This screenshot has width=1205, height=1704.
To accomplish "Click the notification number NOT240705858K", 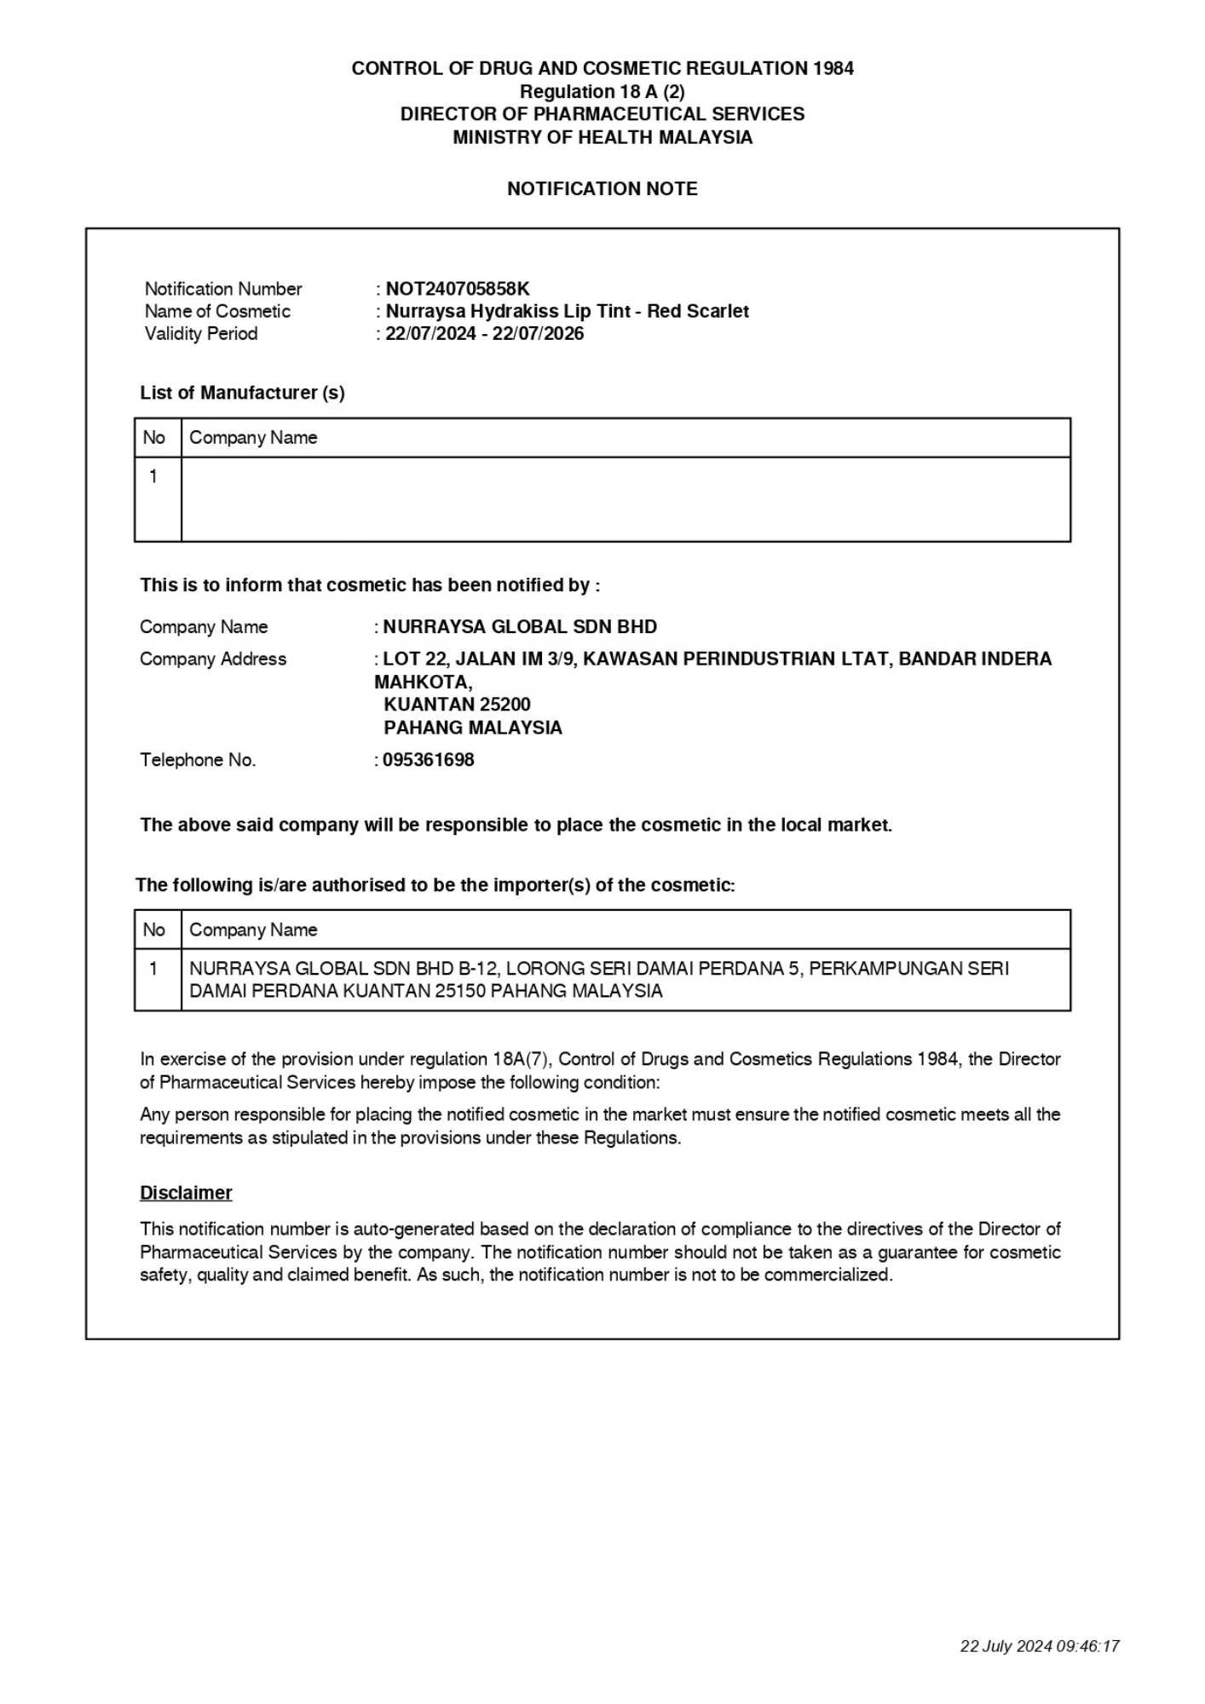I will pos(458,289).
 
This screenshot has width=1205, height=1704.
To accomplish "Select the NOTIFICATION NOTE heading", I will pos(602,189).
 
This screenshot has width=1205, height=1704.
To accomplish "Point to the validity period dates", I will pos(484,333).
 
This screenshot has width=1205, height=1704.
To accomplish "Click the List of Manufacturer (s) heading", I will pos(242,393).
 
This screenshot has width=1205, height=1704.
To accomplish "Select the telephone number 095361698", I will pos(428,760).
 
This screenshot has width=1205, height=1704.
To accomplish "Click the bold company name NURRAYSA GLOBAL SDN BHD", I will pos(520,627).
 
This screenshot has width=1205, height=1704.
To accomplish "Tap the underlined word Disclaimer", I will pos(186,1193).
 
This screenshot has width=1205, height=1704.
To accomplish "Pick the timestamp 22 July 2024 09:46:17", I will pos(1039,1646).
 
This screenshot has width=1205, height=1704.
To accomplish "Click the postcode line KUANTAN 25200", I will pos(457,705).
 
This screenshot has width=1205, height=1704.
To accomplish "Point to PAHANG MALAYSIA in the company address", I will pos(473,728).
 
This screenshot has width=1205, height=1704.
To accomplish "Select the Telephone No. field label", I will pos(198,760).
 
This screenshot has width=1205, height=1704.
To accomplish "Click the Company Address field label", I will pos(213,659).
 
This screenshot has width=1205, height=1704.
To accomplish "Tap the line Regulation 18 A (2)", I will pos(602,91).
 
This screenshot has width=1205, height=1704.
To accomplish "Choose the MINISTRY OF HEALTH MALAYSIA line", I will pos(602,137).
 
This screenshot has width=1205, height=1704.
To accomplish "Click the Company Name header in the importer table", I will pos(253,930).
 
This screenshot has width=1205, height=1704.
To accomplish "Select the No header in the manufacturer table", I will pos(154,438).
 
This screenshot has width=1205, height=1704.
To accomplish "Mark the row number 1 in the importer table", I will pos(153,969).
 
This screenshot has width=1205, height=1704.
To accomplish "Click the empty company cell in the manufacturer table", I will pos(626,499).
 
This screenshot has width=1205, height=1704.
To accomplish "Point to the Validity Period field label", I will pos(201,333).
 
